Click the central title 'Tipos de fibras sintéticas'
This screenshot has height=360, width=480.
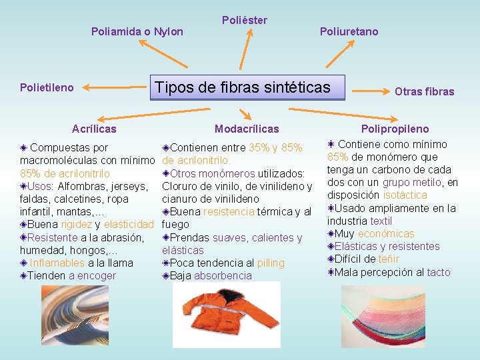click(x=242, y=87)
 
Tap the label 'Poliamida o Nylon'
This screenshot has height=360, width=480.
click(x=137, y=31)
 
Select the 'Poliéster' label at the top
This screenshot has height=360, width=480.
click(x=244, y=20)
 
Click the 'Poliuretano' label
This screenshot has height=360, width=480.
click(x=349, y=31)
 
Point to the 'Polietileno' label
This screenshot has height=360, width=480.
click(x=47, y=87)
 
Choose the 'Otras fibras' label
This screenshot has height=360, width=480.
click(x=424, y=91)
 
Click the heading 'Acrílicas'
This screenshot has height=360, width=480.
click(x=94, y=129)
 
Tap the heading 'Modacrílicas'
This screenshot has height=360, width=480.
click(x=247, y=129)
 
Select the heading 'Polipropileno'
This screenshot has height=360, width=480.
click(x=395, y=129)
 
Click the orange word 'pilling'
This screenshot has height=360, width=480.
click(x=270, y=263)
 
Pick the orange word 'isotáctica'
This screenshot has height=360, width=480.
click(x=405, y=195)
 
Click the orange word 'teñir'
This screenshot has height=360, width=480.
click(x=388, y=259)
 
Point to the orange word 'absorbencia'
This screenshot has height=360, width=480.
click(x=223, y=275)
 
